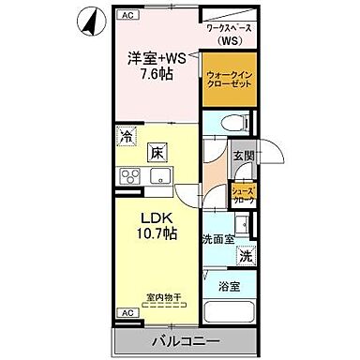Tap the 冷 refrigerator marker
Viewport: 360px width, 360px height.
point(126,138)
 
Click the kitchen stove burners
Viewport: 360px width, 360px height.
point(128,175)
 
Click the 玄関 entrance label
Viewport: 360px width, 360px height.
point(244,157)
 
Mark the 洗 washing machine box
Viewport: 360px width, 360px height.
point(243,256)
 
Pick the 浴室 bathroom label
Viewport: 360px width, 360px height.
point(230,284)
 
